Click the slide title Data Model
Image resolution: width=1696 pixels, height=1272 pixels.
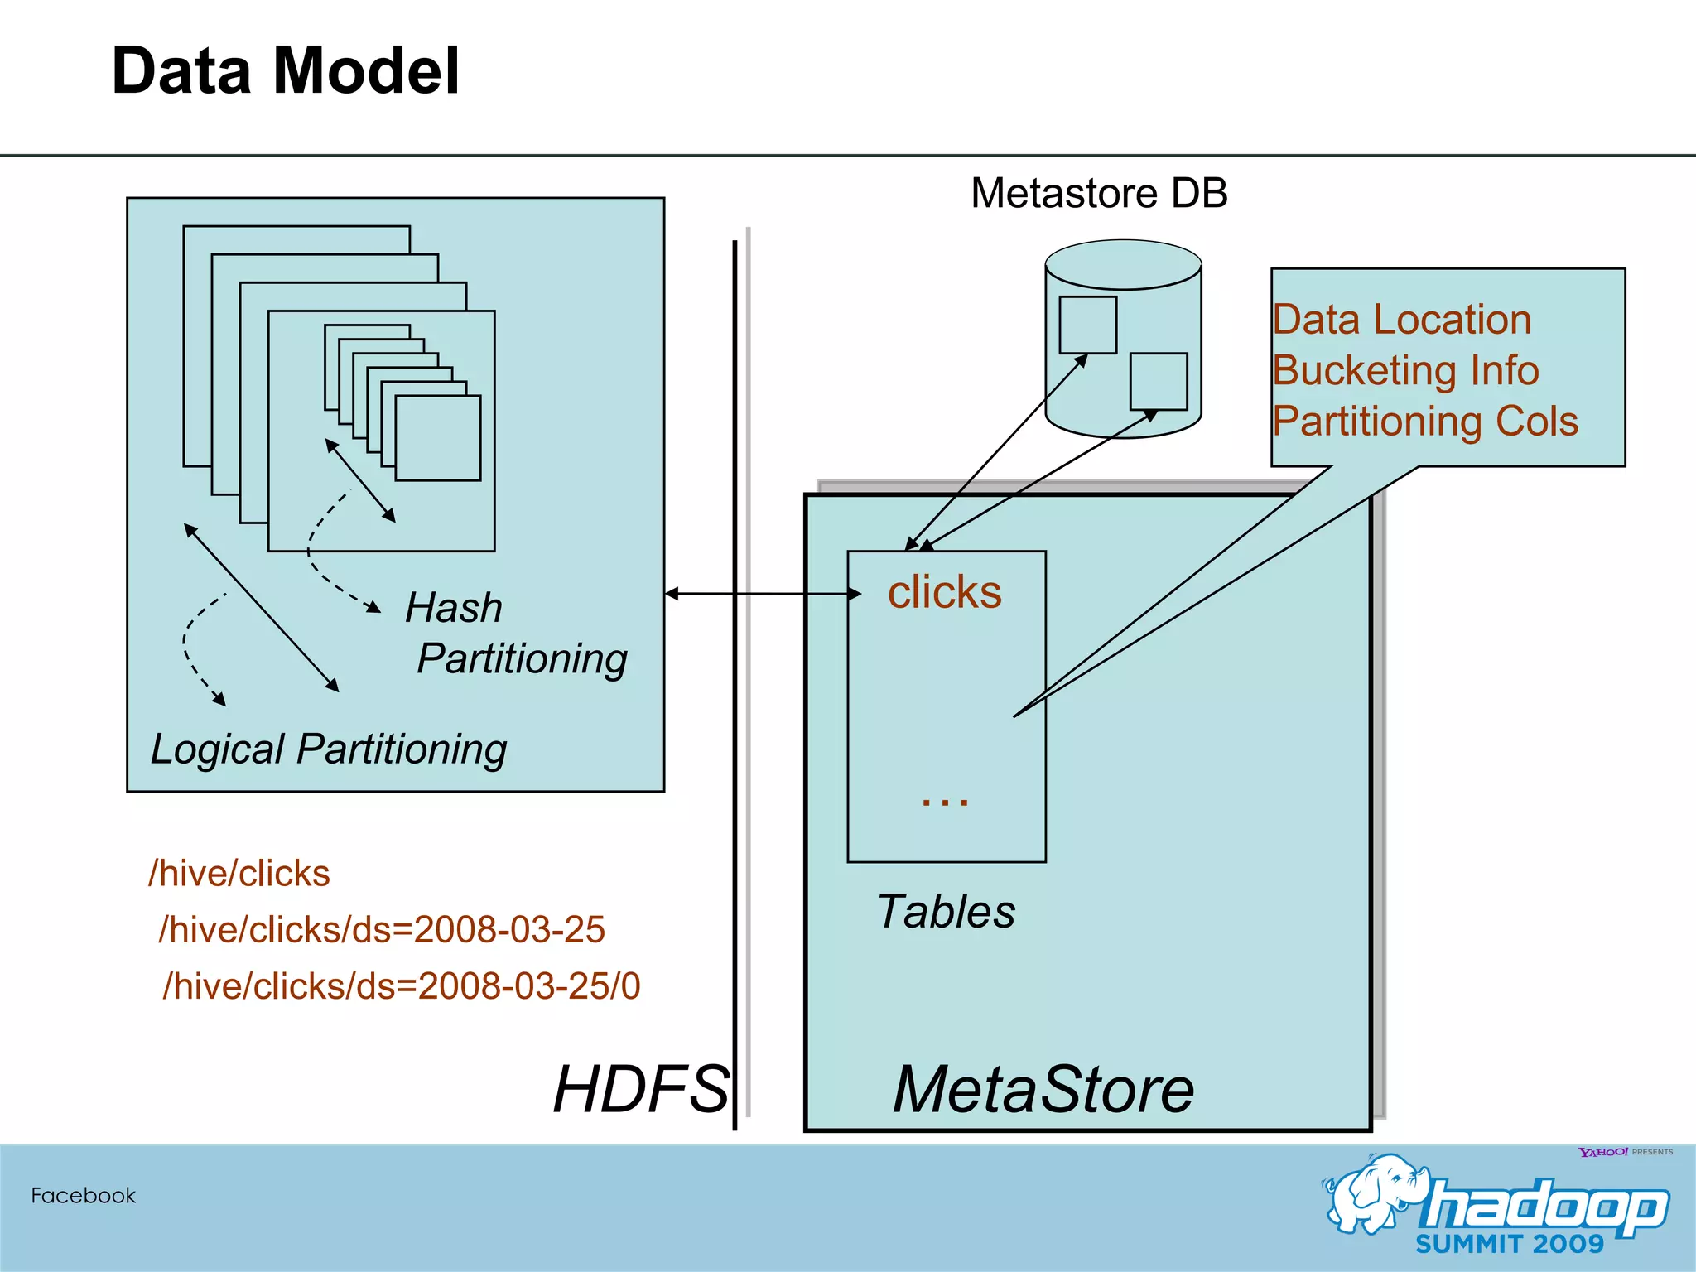point(285,71)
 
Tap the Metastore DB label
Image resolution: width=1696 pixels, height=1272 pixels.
point(1098,193)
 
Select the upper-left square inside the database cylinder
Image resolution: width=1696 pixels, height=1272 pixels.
point(1087,325)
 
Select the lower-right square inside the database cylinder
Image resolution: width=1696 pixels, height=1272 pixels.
point(1158,381)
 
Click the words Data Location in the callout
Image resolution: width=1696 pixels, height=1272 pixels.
point(1401,320)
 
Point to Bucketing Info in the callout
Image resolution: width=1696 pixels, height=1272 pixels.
point(1405,370)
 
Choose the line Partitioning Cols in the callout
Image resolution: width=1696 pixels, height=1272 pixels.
point(1424,421)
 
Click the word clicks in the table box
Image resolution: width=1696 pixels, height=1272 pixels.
point(944,592)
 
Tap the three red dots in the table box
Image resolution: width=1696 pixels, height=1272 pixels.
point(944,801)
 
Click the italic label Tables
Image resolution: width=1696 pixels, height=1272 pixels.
point(946,912)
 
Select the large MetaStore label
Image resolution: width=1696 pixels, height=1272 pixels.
point(1043,1090)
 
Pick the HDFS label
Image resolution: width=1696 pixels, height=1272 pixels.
point(641,1089)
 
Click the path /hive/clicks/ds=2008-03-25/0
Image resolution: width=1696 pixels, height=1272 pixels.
point(402,986)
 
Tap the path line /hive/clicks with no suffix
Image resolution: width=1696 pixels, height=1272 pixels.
point(238,874)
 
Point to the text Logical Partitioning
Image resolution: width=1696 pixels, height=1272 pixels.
point(328,749)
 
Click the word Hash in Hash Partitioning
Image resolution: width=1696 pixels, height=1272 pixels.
point(453,608)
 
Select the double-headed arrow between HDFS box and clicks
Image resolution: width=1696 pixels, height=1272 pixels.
point(762,594)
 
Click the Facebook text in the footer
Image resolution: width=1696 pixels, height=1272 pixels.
point(83,1196)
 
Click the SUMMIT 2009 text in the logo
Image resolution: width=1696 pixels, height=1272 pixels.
point(1509,1244)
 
